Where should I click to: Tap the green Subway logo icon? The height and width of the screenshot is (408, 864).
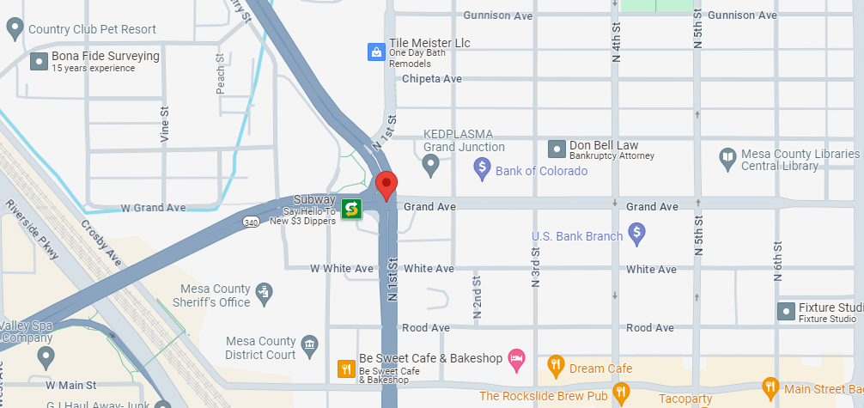(x=350, y=209)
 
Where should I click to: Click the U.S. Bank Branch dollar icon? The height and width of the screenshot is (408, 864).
(x=636, y=231)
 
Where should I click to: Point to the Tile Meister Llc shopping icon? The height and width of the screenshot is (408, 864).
(x=375, y=52)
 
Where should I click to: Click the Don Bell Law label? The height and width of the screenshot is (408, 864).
(x=604, y=145)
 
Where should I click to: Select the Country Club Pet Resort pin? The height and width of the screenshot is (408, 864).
(x=15, y=29)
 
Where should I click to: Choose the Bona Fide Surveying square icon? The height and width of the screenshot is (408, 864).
(x=38, y=61)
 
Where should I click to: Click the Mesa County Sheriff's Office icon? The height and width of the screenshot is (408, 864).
(x=265, y=292)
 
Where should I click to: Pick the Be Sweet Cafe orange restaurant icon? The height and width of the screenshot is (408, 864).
(x=345, y=369)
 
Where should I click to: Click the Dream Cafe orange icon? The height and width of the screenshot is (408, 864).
(x=556, y=364)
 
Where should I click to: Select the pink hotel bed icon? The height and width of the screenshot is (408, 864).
(x=516, y=358)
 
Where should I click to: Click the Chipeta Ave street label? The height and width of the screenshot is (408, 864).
(x=432, y=79)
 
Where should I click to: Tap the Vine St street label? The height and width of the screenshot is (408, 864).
(x=163, y=125)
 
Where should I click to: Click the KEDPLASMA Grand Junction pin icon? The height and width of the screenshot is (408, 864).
(x=431, y=162)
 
